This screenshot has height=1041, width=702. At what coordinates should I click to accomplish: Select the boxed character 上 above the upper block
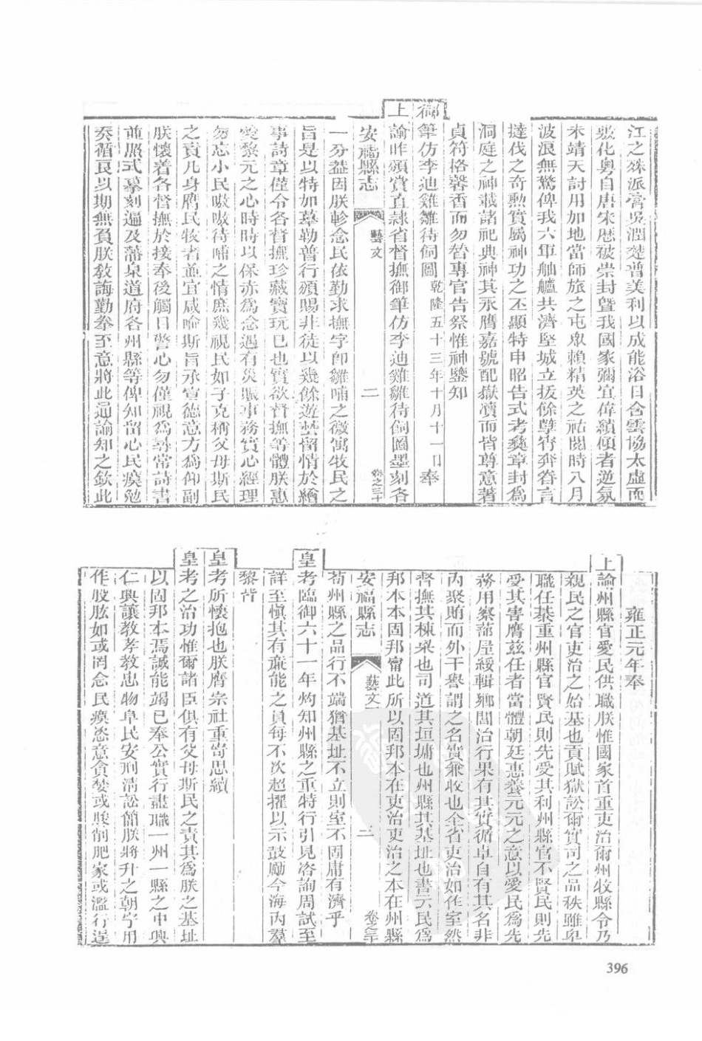[395, 112]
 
